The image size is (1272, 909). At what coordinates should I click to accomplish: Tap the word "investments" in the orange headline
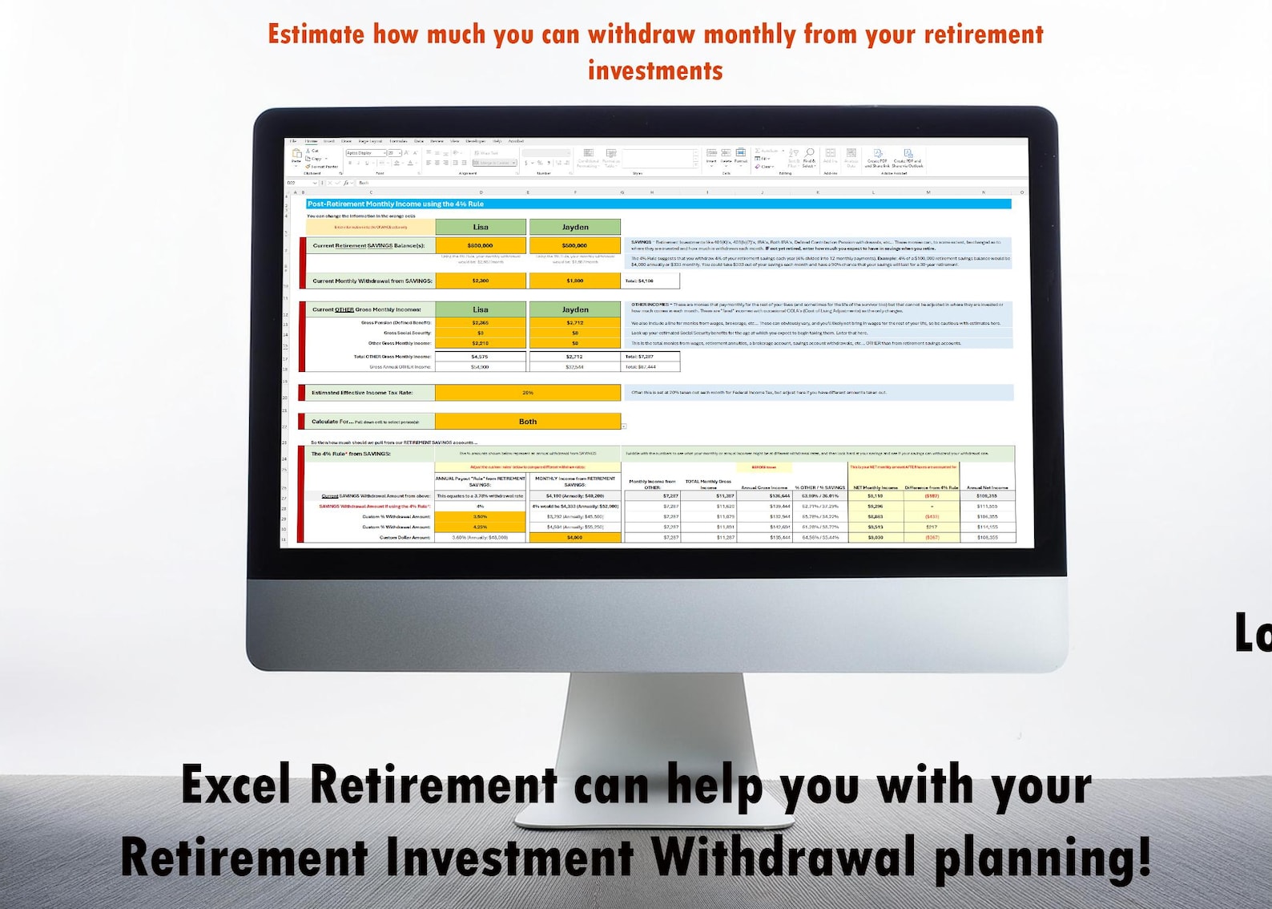tap(655, 71)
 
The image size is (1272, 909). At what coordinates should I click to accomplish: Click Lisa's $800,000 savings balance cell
tap(481, 245)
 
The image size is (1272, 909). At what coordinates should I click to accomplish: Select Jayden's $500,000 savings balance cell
tap(574, 245)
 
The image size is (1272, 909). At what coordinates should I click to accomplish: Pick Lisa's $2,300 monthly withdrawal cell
tap(481, 281)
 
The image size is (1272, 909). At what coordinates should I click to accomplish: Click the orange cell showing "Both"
tap(528, 421)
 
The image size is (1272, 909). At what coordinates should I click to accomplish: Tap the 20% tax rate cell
tap(528, 393)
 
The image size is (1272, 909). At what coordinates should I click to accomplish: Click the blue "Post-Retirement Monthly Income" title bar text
tap(396, 204)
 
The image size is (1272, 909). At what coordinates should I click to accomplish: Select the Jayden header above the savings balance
tap(574, 227)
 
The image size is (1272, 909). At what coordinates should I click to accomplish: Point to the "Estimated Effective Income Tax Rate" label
tap(362, 393)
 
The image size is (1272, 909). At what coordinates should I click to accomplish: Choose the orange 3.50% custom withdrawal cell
tap(481, 517)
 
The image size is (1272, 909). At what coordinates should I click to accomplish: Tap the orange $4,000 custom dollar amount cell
tap(574, 537)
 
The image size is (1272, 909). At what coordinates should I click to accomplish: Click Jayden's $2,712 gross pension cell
tap(574, 323)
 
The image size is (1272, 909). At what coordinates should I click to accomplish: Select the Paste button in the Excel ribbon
tap(296, 156)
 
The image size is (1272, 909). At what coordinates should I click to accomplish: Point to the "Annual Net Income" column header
tap(987, 487)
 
